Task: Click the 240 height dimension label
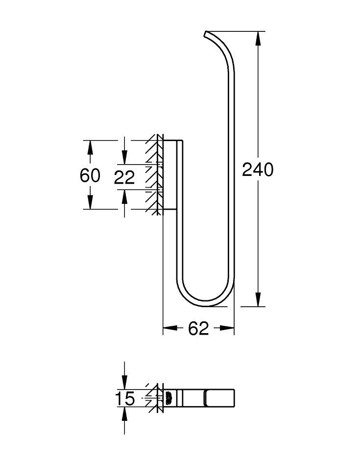(x=258, y=170)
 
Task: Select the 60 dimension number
(x=90, y=175)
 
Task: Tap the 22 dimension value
(x=124, y=177)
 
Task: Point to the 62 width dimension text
(x=198, y=329)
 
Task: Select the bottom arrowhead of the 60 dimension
(x=90, y=203)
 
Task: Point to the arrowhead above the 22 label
(x=124, y=158)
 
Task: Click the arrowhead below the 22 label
(x=124, y=196)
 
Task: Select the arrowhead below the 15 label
(x=124, y=414)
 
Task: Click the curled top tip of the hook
(x=205, y=34)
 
